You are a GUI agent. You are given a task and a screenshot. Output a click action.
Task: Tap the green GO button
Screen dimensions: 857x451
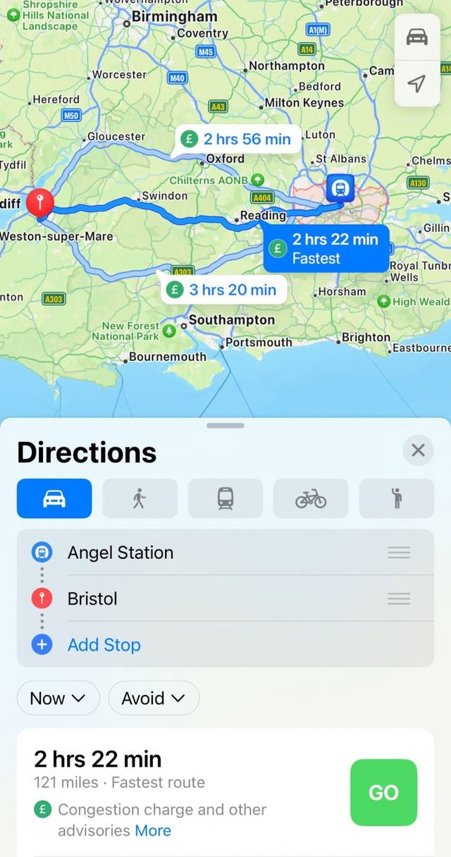click(383, 792)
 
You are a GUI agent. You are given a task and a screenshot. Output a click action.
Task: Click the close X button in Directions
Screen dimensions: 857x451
click(418, 450)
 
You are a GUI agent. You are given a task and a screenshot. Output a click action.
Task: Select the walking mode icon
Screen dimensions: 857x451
click(140, 498)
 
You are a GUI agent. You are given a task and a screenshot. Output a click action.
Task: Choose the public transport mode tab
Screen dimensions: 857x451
click(225, 498)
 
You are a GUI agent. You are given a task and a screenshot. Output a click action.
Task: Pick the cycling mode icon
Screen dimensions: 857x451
click(311, 498)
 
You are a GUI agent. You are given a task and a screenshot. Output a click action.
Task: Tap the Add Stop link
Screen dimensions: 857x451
click(104, 645)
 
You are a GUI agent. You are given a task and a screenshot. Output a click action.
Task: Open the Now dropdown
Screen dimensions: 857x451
click(58, 698)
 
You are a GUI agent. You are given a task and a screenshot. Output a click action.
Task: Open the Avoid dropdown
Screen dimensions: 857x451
click(154, 698)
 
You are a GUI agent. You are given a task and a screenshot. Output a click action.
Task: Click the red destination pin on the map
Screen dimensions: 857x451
click(39, 203)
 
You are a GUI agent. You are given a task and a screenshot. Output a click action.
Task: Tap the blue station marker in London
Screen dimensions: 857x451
click(340, 188)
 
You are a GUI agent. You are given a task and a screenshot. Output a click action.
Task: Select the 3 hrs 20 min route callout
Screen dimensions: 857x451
click(223, 290)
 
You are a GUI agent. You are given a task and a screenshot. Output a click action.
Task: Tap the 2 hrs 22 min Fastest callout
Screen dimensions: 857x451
click(326, 248)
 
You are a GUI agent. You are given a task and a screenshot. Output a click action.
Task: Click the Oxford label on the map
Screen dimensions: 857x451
click(225, 159)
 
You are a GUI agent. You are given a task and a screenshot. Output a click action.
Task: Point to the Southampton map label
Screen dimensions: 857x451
click(231, 320)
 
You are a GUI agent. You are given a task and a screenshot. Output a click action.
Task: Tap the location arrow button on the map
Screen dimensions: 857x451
click(417, 84)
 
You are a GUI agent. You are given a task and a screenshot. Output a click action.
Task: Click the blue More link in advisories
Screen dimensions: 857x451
click(153, 830)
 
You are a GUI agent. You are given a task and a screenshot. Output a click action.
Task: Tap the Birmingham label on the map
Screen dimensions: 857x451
click(174, 17)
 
